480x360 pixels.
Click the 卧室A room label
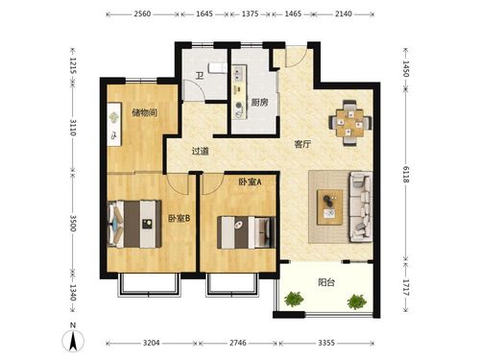pos(250,181)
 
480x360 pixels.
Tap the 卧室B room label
pos(180,218)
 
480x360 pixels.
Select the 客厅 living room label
pos(302,144)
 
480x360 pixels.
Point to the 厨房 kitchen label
pos(259,103)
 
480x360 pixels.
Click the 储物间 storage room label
pos(144,112)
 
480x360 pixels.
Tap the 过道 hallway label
pos(201,151)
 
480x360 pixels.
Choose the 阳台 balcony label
pos(326,282)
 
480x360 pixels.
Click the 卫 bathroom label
pos(200,76)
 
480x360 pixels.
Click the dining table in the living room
pos(350,123)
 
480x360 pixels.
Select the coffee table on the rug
pos(329,207)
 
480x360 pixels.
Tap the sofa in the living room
pos(361,206)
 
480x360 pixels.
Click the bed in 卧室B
pos(134,224)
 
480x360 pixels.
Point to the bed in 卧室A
pos(247,232)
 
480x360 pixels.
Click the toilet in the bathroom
pos(217,68)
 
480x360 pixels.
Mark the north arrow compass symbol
pos(73,340)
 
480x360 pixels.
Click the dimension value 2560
pos(142,13)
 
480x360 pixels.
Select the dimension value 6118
pos(406,175)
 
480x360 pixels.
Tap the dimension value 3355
pos(326,343)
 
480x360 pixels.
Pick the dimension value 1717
pos(406,287)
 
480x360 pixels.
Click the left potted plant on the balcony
pos(294,299)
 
